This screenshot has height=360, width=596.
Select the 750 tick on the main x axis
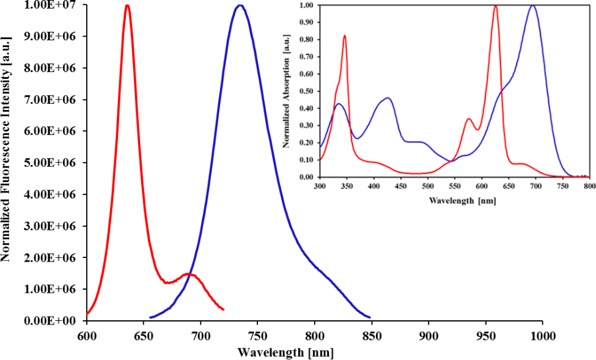tap(257, 336)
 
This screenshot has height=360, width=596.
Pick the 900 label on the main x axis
tap(429, 336)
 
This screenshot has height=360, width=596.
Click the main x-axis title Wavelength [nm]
tap(285, 352)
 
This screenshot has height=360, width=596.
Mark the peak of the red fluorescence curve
tap(127, 6)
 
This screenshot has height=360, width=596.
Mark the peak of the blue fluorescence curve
tap(240, 6)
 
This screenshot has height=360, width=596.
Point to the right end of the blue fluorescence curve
tap(370, 317)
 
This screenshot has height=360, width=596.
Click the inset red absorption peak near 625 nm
tap(495, 6)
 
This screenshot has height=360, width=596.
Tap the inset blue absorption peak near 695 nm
tap(533, 6)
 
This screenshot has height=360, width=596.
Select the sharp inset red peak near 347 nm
tap(345, 35)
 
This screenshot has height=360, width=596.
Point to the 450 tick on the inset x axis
tap(400, 185)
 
